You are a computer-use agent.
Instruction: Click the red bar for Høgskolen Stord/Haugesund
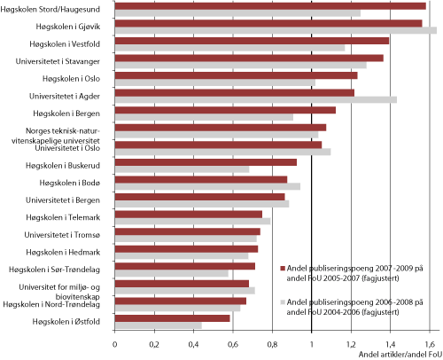270,6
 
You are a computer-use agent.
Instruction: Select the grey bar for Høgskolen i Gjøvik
276,31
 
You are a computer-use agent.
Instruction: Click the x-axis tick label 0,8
272,341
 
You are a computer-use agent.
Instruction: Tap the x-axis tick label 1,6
429,341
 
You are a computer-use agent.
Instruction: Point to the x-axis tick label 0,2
154,341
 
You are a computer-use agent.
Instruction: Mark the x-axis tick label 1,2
351,341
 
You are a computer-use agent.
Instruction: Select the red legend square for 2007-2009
283,266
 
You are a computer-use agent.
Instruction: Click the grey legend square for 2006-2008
283,301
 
